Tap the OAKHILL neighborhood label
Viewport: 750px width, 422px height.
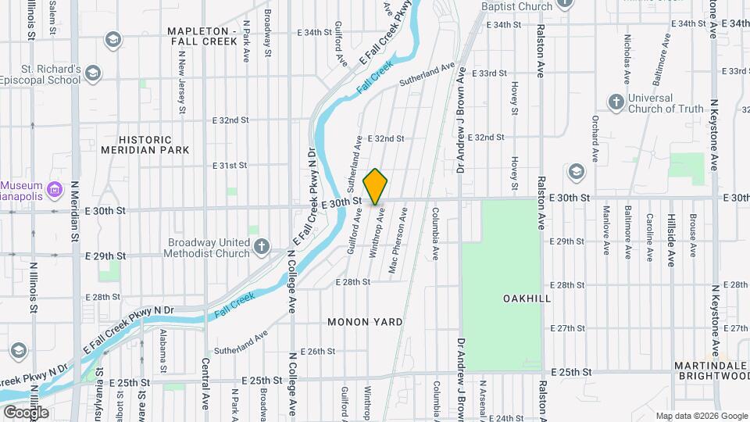tap(527, 299)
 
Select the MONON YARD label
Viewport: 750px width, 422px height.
tap(365, 322)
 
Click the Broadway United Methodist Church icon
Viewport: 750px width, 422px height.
tap(262, 248)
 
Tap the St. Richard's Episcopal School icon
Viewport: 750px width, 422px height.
tap(93, 73)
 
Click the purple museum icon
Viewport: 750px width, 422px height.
tap(54, 189)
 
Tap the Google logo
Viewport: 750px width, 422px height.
tap(25, 412)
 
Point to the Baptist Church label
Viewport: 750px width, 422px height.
tap(516, 6)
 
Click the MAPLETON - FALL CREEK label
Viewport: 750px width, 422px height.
tap(202, 36)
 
